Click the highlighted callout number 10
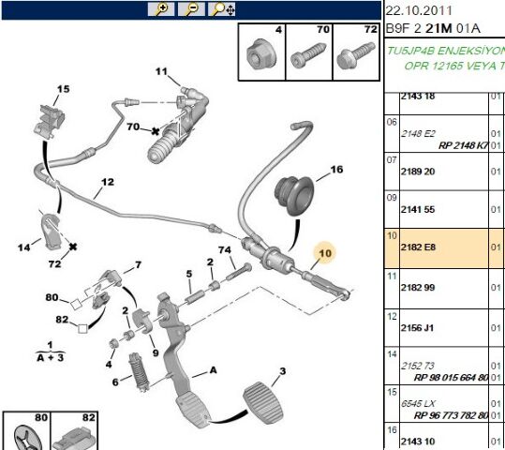[326, 251]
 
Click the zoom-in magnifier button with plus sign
[160, 9]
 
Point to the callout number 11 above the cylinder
[160, 71]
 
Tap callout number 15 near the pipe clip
[63, 89]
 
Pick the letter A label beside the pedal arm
[214, 369]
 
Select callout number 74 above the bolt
[224, 249]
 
